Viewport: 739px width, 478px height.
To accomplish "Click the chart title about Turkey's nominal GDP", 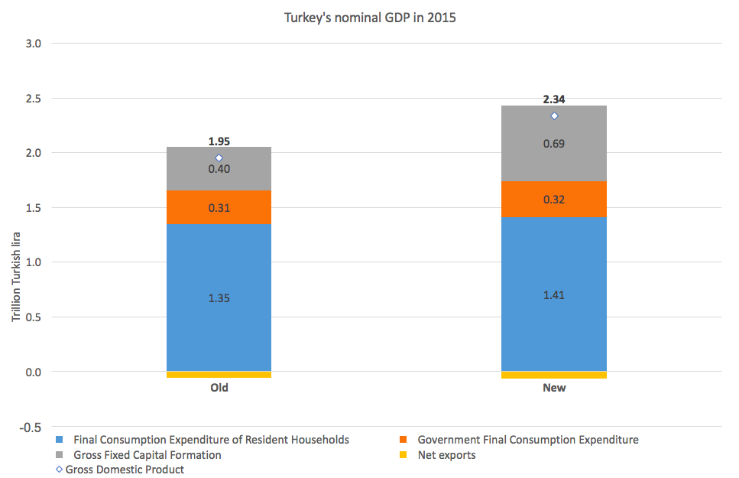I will pyautogui.click(x=369, y=18).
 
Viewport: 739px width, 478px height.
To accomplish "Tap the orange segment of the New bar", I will pyautogui.click(x=553, y=200).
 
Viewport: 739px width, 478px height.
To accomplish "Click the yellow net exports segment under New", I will pyautogui.click(x=553, y=375).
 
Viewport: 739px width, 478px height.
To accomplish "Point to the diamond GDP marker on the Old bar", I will pyautogui.click(x=219, y=158).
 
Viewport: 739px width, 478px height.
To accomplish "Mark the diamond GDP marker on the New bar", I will pyautogui.click(x=554, y=116).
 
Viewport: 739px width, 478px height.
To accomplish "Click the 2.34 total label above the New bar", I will pyautogui.click(x=554, y=99).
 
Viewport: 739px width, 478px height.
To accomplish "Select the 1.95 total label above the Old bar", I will pyautogui.click(x=219, y=141).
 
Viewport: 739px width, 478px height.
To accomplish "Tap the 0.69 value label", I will pyautogui.click(x=554, y=144).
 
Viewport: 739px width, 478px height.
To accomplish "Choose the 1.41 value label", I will pyautogui.click(x=554, y=295).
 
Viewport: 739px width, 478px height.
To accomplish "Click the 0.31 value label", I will pyautogui.click(x=219, y=208).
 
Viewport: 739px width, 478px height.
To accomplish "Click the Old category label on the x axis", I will pyautogui.click(x=219, y=388).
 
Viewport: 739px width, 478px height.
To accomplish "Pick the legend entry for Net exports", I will pyautogui.click(x=446, y=455).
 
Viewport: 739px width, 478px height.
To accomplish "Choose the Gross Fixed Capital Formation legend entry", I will pyautogui.click(x=147, y=455).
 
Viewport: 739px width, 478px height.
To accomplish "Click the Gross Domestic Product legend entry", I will pyautogui.click(x=125, y=470).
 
